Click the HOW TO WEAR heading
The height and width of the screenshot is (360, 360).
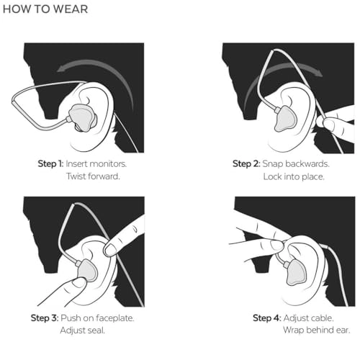coord(45,9)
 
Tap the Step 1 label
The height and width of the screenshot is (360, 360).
coord(50,164)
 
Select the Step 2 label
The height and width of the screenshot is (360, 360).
coord(246,164)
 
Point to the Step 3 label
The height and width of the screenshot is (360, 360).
coord(45,318)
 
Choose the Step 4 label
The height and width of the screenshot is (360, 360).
coord(267,318)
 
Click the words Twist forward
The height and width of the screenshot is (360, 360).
coord(93,176)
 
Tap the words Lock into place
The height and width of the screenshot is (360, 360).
coord(294,177)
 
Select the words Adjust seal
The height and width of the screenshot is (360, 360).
coord(83,330)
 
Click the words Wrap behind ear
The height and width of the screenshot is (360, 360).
coord(316,330)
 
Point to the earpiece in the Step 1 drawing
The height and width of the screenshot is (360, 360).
coord(82,117)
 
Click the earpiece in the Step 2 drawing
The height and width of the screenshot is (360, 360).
coord(285,119)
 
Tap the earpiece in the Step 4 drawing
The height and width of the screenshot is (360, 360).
coord(296,273)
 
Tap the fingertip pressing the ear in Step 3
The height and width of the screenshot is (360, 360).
coord(111,249)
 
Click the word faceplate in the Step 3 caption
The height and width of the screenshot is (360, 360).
coord(114,318)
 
